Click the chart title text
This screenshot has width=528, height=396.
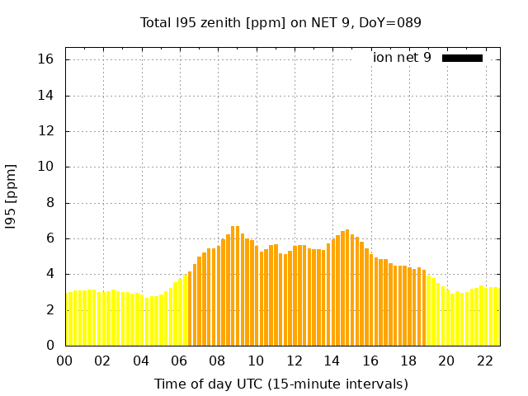(280, 22)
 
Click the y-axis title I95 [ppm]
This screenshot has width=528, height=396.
(12, 196)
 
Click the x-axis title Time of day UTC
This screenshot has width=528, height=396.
(280, 384)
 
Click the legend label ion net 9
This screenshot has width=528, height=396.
(402, 58)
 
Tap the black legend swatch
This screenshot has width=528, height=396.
(462, 58)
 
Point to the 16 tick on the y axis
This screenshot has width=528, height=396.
(46, 59)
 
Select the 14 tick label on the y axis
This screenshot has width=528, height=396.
(46, 95)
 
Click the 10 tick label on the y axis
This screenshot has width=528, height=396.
(46, 167)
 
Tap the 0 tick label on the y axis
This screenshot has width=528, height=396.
(49, 345)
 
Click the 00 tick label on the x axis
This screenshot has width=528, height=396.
(64, 361)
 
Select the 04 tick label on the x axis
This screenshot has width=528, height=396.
(141, 361)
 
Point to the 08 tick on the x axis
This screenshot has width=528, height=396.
(217, 361)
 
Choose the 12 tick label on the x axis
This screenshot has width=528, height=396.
(294, 361)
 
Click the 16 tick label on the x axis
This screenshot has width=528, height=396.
(370, 361)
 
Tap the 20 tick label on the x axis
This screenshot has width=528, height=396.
(446, 361)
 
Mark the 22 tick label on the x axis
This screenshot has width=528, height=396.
(485, 361)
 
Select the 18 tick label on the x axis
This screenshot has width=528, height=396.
(408, 361)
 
